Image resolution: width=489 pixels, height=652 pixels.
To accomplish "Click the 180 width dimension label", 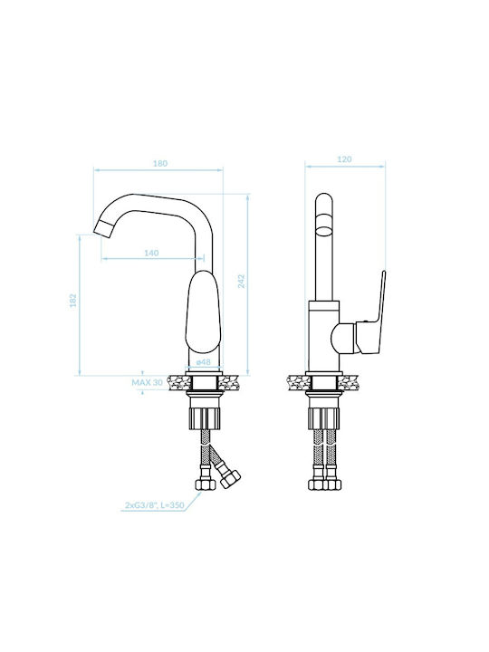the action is coord(160,163).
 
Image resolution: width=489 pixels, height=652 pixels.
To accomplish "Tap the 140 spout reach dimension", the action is coord(151,253).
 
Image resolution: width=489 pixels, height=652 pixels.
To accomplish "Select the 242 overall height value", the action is coord(242,282).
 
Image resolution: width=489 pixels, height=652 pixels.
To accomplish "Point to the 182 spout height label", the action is coord(73,301).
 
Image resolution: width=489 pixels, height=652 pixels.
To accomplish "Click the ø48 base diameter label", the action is coord(204,362).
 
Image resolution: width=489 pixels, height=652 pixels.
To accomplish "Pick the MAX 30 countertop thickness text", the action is coord(148,382).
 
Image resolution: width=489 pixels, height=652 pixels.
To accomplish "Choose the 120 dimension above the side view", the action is coord(345,159).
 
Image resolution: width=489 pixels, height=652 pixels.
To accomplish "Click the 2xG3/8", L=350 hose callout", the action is coord(154,505).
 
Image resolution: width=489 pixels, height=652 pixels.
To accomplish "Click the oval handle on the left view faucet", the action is coord(204,312).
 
